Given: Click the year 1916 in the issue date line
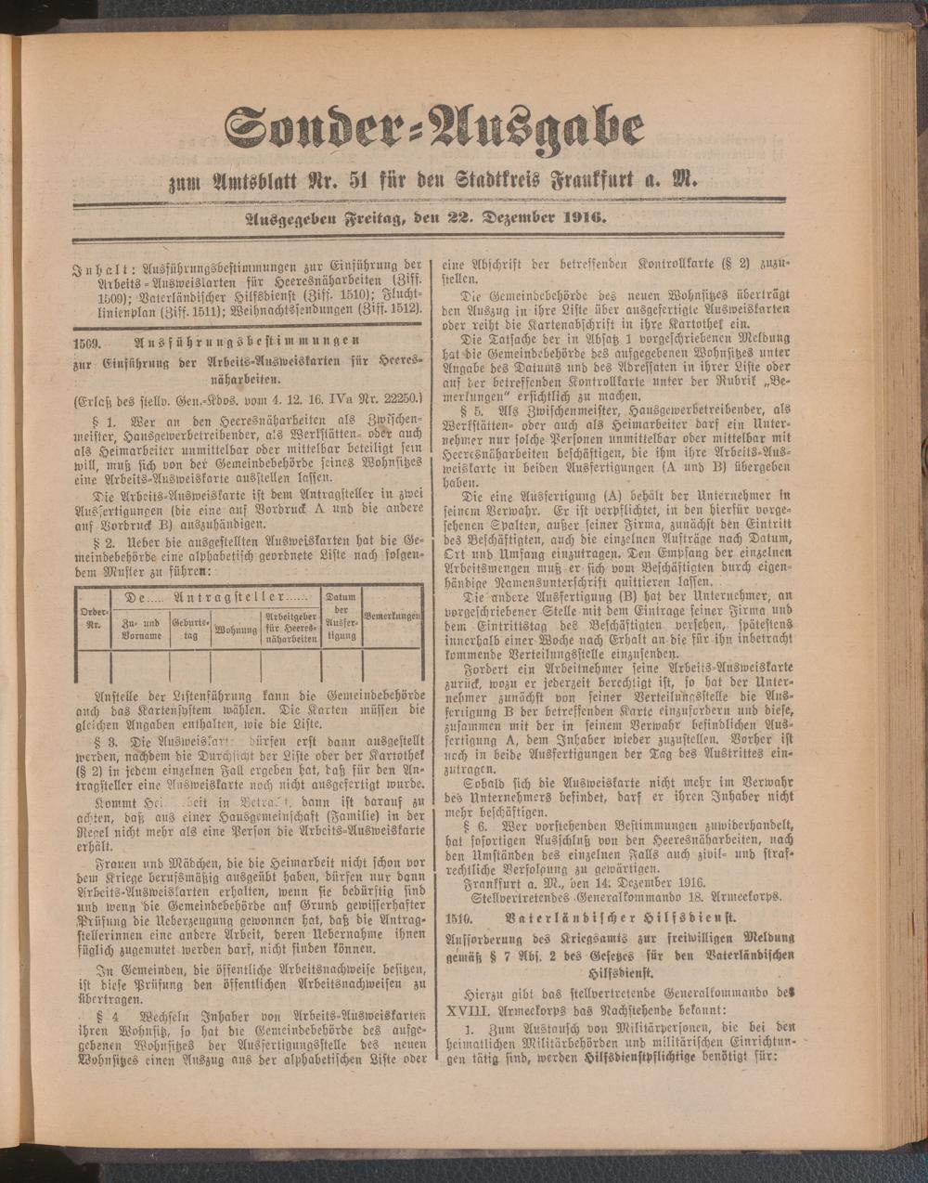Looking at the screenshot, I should point(580,219).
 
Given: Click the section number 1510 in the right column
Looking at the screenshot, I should point(459,917).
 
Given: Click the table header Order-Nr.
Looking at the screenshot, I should point(92,618).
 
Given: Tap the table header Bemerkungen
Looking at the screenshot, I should point(393,617).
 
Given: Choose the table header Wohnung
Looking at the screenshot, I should point(236,630).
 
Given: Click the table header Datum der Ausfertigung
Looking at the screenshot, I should point(342,617).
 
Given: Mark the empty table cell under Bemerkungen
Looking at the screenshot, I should point(393,668).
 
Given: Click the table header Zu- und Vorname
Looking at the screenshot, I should point(140,630).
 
